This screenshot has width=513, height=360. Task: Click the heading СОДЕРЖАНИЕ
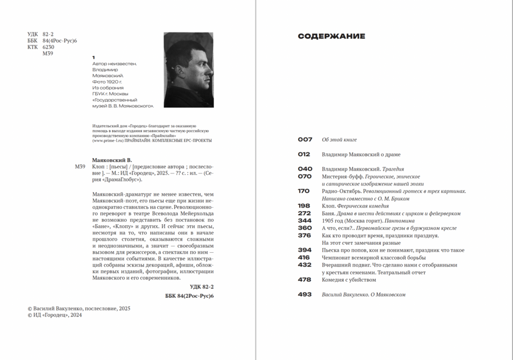(331, 37)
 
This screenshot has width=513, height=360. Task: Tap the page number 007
(305, 140)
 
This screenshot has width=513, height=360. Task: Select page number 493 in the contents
(305, 294)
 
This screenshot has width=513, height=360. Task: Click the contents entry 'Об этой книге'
(339, 140)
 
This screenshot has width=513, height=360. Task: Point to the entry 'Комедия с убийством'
(349, 280)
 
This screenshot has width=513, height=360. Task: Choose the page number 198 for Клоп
(304, 206)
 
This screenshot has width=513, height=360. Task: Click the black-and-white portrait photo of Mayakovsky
(188, 70)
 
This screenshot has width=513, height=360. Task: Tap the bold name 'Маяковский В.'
(112, 160)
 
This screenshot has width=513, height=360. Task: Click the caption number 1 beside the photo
(93, 58)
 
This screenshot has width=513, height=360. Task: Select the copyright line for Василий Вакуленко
(79, 308)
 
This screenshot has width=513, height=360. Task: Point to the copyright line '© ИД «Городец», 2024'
(55, 315)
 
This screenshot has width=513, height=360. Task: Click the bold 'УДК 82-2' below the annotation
(201, 287)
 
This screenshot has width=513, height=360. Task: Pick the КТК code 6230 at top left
(48, 47)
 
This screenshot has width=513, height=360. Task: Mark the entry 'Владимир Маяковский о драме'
(361, 155)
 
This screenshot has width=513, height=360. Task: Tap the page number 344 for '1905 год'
(305, 221)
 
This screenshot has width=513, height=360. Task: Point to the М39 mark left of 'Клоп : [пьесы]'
(80, 167)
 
